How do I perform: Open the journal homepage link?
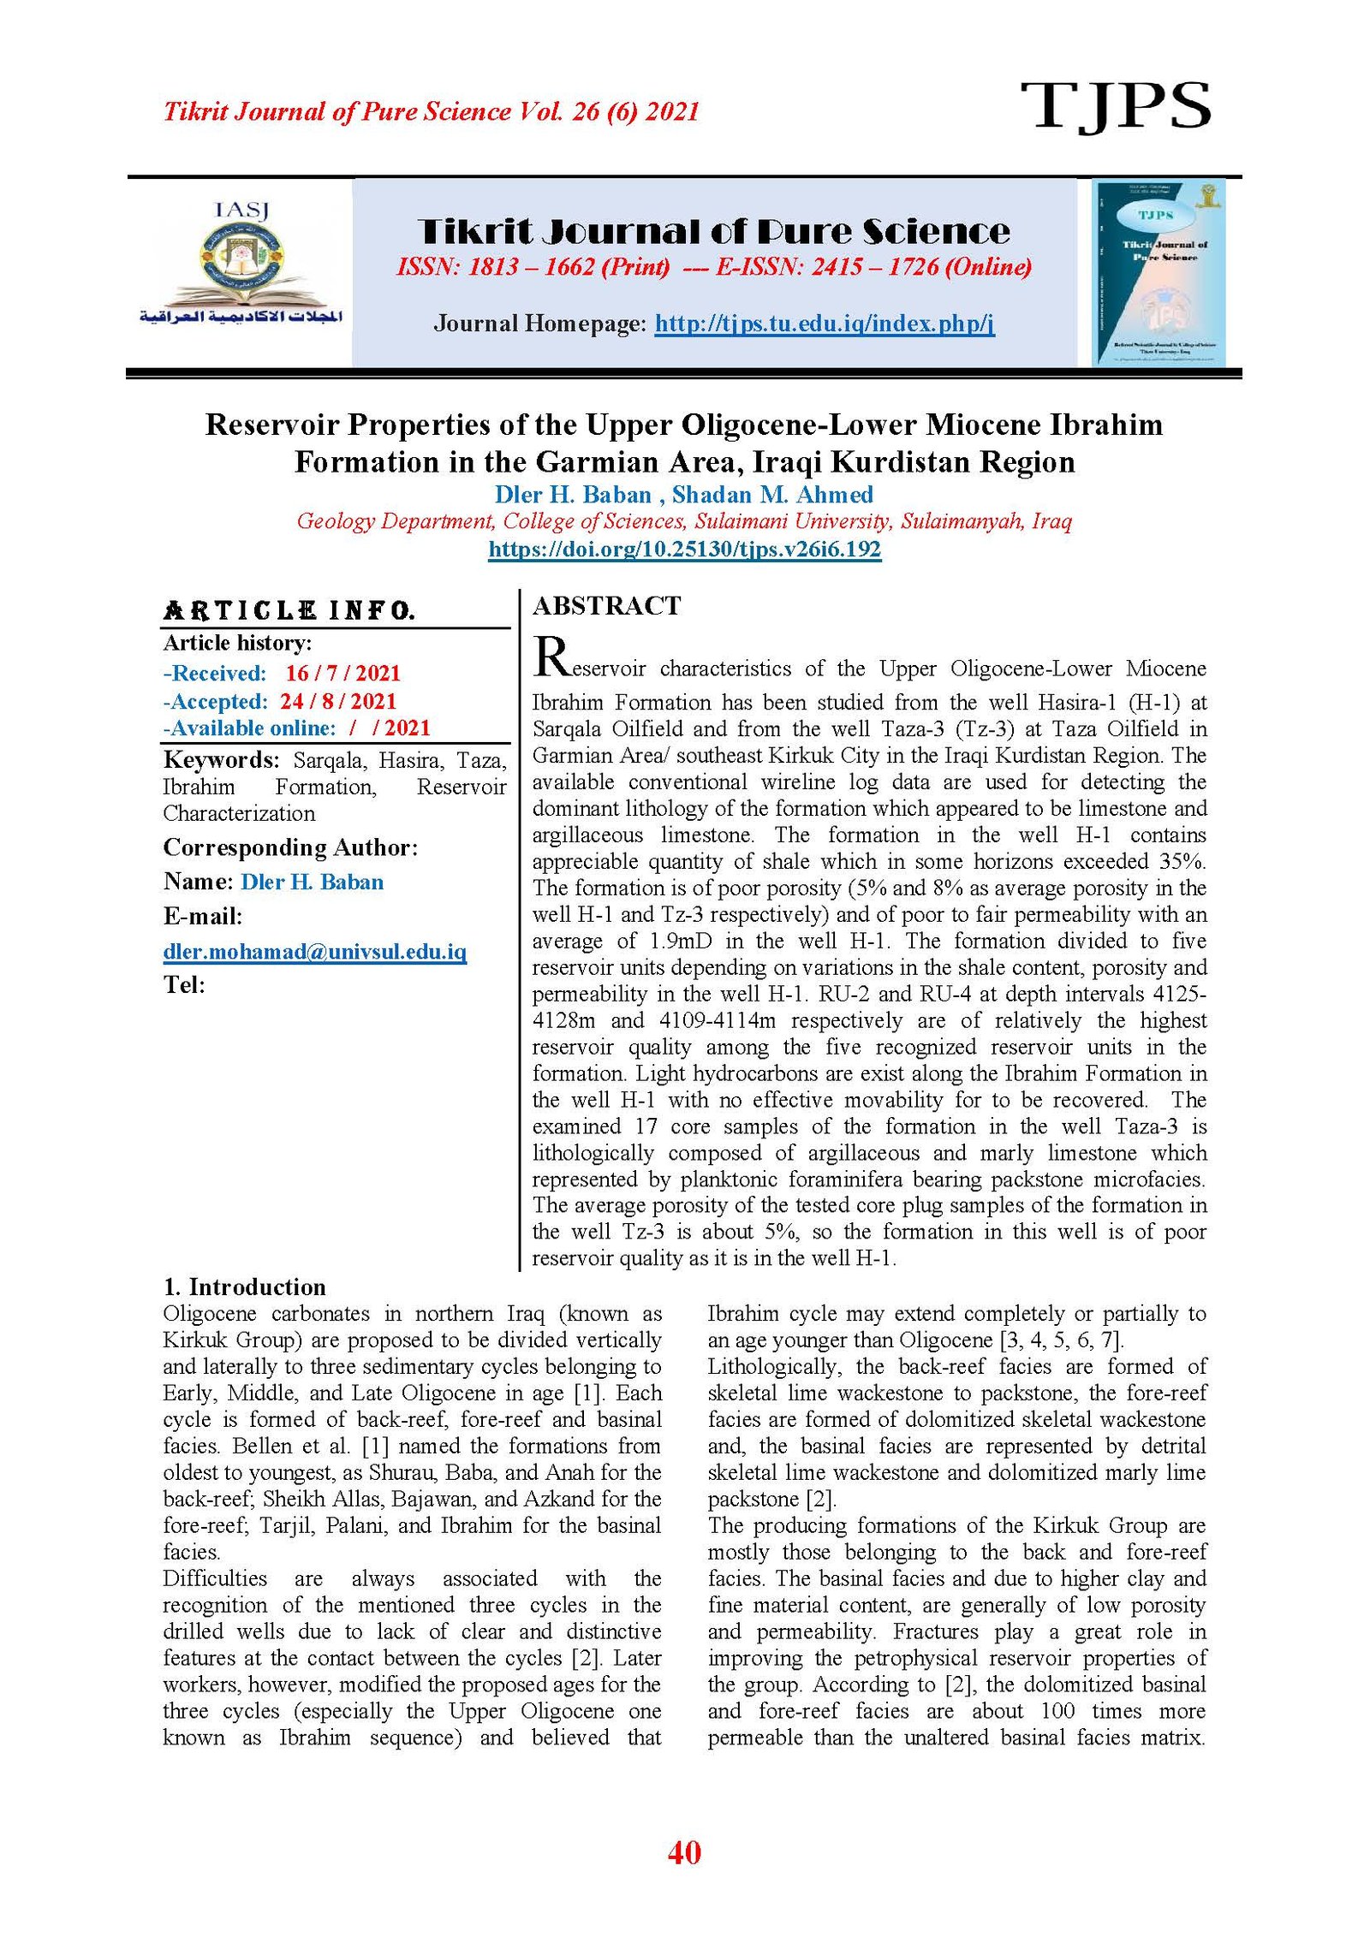pyautogui.click(x=824, y=324)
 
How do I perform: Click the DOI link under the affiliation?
pyautogui.click(x=684, y=549)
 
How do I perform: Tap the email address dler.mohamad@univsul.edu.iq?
pyautogui.click(x=314, y=951)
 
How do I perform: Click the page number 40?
pyautogui.click(x=684, y=1852)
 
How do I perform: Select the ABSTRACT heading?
pyautogui.click(x=606, y=606)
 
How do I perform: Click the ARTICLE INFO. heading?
pyautogui.click(x=289, y=610)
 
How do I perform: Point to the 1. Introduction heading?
pyautogui.click(x=244, y=1286)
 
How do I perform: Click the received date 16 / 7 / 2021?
pyautogui.click(x=342, y=673)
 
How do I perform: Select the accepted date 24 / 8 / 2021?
pyautogui.click(x=338, y=701)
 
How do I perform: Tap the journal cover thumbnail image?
pyautogui.click(x=1158, y=272)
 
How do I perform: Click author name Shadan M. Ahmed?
pyautogui.click(x=771, y=494)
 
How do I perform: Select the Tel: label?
pyautogui.click(x=184, y=985)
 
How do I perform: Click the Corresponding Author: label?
pyautogui.click(x=290, y=847)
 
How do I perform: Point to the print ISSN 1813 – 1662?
pyautogui.click(x=533, y=267)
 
